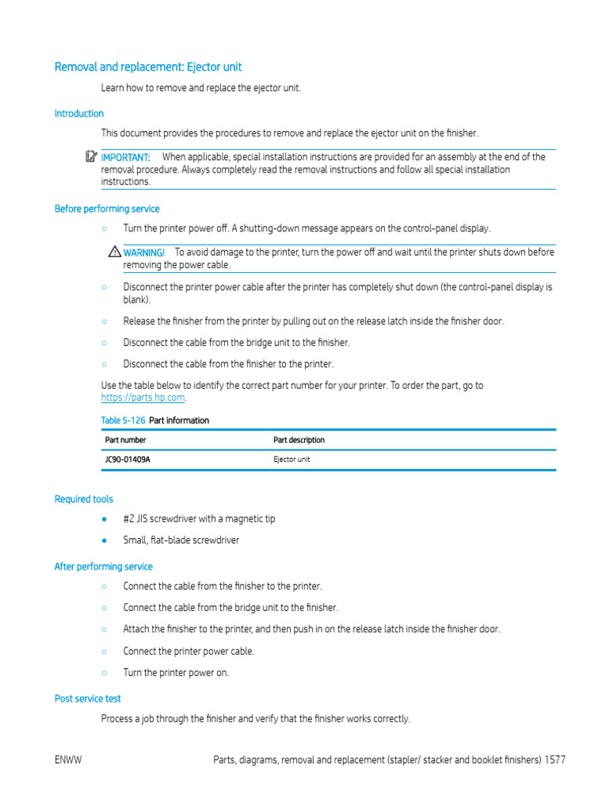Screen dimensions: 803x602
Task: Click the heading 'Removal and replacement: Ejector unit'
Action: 148,67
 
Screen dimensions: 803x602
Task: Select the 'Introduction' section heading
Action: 78,114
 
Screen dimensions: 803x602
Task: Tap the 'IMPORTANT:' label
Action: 125,158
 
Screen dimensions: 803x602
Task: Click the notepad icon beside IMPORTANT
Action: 92,157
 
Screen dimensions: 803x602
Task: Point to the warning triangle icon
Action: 115,253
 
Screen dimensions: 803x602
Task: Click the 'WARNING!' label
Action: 144,253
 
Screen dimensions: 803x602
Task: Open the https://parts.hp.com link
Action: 143,398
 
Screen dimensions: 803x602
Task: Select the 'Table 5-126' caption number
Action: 123,420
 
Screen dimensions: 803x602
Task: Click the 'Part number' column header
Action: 125,440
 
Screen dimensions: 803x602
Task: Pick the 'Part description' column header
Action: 299,440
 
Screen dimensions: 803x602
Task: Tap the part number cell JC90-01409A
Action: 128,460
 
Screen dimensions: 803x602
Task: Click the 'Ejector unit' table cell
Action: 292,460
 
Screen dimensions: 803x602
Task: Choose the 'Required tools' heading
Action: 83,499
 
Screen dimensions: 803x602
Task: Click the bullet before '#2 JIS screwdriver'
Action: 104,519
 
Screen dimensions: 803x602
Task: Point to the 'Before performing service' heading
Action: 107,209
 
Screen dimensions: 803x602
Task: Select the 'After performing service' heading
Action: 103,566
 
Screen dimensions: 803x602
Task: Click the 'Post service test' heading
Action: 88,698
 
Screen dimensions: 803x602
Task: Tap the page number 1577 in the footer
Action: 555,760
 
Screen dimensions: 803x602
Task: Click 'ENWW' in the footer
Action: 69,760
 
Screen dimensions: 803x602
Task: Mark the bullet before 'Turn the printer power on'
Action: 104,673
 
